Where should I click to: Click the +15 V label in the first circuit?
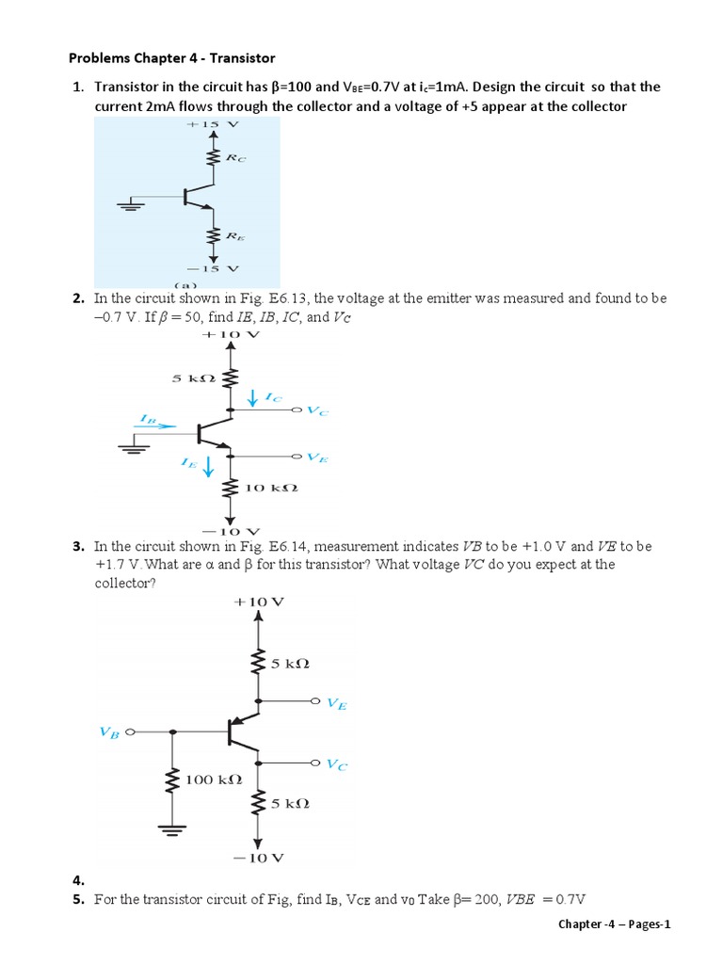coord(214,123)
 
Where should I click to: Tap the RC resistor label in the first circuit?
coord(235,158)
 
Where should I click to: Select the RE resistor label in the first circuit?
coord(234,240)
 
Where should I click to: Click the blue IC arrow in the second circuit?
coord(252,399)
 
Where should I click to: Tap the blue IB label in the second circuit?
coord(147,417)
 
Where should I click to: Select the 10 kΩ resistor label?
coord(271,489)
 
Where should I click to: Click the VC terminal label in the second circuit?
coord(318,411)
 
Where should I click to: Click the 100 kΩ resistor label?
coord(214,779)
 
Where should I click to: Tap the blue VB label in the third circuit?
coord(109,731)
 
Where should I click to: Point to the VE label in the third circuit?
coord(336,702)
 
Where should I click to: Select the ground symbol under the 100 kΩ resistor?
coord(172,829)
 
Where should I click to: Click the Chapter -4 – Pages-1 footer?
coord(614,924)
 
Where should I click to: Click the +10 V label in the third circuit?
coord(260,601)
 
